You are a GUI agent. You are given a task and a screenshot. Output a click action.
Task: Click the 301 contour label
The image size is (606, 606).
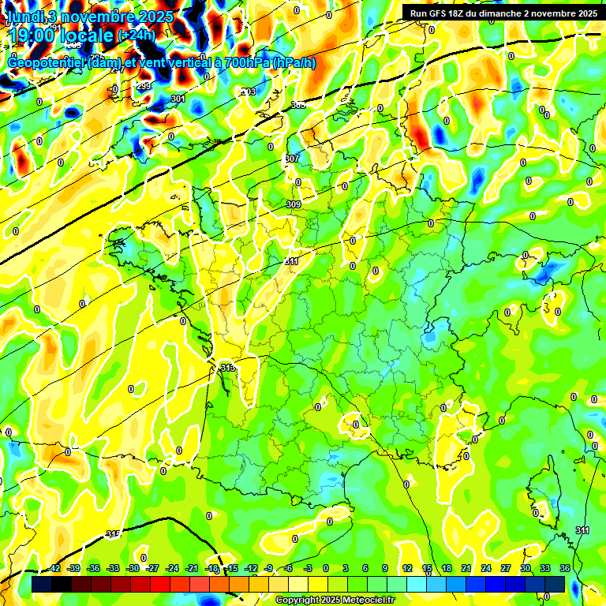pyautogui.click(x=178, y=99)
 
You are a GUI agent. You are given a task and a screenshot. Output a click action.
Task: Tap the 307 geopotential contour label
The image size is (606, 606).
pyautogui.click(x=293, y=159)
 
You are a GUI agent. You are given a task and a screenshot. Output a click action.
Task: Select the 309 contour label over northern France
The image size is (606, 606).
pyautogui.click(x=294, y=204)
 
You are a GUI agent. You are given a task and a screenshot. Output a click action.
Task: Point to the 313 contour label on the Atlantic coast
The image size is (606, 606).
pyautogui.click(x=228, y=368)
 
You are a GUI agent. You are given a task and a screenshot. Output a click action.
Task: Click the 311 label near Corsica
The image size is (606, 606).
pyautogui.click(x=582, y=529)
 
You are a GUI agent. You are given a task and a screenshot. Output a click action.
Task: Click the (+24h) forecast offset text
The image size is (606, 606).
pyautogui.click(x=137, y=36)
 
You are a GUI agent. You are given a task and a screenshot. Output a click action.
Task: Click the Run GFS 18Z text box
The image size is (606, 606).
pyautogui.click(x=501, y=13)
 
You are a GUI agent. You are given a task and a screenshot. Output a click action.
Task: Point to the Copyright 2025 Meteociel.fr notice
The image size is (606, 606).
pyautogui.click(x=335, y=600)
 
